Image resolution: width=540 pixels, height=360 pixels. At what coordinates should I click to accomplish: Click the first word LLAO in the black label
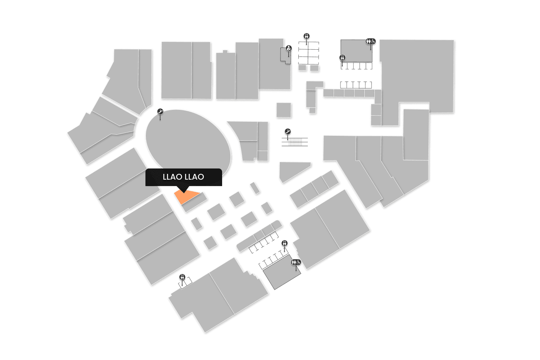coord(172,177)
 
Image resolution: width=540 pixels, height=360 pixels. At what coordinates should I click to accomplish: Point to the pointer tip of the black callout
coord(184,192)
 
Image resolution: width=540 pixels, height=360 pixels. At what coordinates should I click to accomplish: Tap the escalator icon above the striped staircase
coord(288,131)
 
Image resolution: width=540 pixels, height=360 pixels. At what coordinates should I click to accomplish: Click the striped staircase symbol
coord(295,141)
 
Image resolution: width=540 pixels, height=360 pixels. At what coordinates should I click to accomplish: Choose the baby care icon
coord(288,48)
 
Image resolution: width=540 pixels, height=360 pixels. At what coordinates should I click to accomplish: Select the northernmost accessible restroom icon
coord(370,41)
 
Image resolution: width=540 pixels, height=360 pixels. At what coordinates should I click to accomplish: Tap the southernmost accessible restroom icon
coord(296,262)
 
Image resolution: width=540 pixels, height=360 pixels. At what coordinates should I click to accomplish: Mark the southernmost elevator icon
coord(183,277)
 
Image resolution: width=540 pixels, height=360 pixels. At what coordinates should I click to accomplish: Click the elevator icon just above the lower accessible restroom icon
coord(285,243)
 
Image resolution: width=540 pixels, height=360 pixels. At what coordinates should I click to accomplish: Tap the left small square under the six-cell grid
coord(302,68)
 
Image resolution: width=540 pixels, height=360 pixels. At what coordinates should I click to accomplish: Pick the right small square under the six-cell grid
coord(314,68)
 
